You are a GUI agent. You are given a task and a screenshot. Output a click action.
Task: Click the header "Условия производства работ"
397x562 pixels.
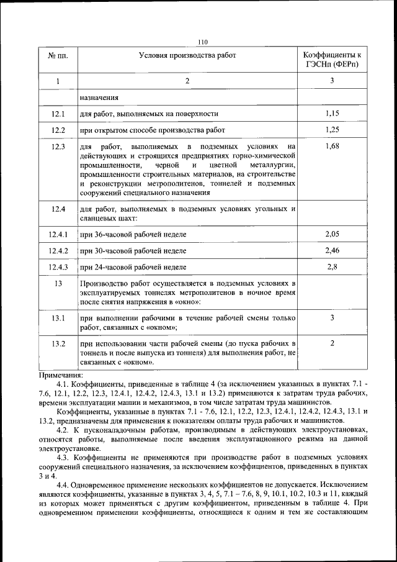(x=187, y=56)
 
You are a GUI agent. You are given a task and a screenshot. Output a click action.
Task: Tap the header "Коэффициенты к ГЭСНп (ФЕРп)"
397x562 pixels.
(x=332, y=60)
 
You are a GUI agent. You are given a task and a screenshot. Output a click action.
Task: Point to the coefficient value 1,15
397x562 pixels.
(x=332, y=114)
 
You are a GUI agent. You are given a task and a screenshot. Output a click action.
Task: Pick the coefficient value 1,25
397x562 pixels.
(x=332, y=130)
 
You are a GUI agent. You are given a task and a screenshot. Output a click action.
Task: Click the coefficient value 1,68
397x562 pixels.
(x=332, y=147)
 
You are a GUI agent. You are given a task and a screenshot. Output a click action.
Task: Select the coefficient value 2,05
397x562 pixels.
(x=332, y=233)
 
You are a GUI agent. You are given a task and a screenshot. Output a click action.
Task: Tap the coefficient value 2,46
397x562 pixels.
(x=332, y=250)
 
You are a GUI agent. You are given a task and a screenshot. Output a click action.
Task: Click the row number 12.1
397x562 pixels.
(x=58, y=114)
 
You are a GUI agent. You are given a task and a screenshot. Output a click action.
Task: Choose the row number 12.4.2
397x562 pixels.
(x=58, y=250)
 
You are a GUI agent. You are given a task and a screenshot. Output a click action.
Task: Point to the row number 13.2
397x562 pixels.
(x=58, y=343)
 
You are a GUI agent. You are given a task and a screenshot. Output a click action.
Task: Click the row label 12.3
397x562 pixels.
(x=58, y=147)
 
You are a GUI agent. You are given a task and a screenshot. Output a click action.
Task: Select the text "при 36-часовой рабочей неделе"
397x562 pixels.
(x=133, y=234)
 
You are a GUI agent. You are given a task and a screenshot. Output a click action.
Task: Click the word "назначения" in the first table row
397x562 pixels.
(x=99, y=97)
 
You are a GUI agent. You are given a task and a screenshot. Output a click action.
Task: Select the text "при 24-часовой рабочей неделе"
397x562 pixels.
(x=133, y=267)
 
